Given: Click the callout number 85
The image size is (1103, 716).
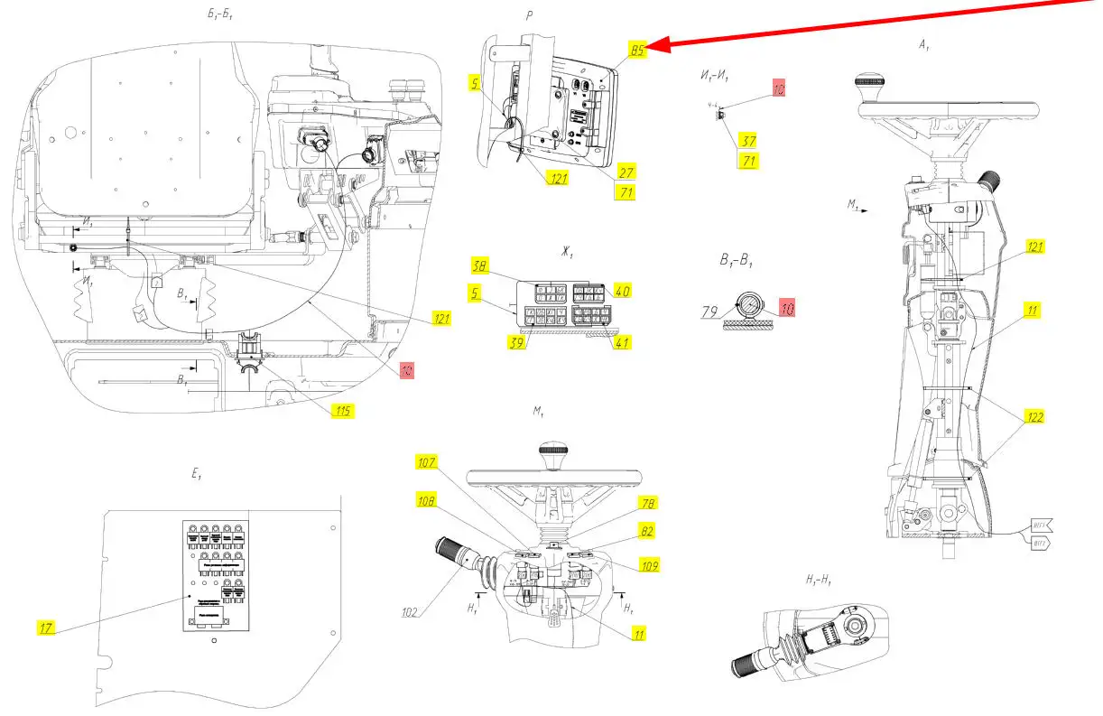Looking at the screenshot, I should (x=637, y=51).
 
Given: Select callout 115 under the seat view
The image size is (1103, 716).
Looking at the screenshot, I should (x=342, y=411).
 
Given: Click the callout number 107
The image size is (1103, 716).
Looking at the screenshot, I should (x=426, y=462).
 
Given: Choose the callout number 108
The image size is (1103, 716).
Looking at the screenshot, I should (x=428, y=500).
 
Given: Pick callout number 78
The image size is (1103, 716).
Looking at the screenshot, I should (x=648, y=503).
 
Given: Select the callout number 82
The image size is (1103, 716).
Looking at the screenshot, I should (x=648, y=531).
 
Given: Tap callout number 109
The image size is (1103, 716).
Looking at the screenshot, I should (x=647, y=566).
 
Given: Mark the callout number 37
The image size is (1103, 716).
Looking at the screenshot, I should (x=748, y=141).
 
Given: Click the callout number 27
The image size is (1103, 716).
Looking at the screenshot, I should (x=627, y=172).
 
